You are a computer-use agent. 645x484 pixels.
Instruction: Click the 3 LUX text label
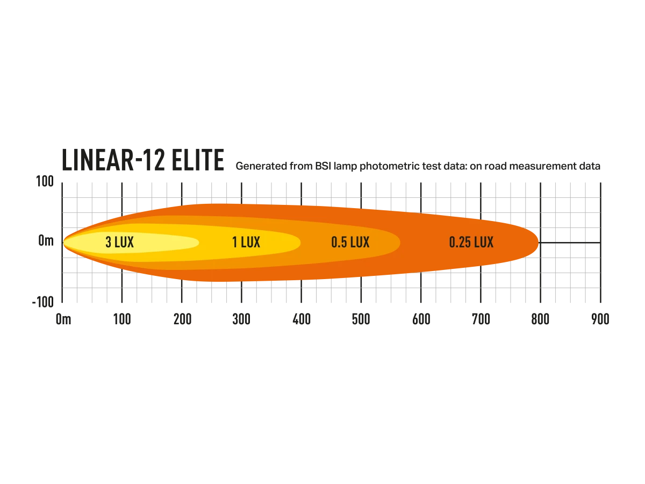[x=119, y=243]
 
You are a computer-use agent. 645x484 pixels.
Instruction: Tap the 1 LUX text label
[x=246, y=243]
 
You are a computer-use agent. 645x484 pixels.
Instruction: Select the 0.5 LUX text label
[x=350, y=243]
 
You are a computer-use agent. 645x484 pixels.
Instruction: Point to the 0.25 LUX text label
[x=471, y=243]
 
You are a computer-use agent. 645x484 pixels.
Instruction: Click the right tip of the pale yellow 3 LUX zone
[x=198, y=243]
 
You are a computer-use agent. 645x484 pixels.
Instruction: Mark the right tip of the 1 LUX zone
[x=299, y=243]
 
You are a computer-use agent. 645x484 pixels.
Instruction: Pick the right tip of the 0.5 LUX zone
[x=399, y=243]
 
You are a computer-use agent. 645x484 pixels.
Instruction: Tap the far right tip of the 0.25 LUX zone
[x=538, y=243]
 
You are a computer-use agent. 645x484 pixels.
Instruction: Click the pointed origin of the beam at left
[x=63, y=243]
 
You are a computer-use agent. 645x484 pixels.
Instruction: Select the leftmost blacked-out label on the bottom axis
[x=64, y=318]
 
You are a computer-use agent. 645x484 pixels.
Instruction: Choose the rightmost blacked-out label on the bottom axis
[x=599, y=318]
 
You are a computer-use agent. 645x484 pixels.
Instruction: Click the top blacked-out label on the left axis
[x=45, y=181]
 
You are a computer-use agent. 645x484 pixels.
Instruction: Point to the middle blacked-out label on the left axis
[x=47, y=243]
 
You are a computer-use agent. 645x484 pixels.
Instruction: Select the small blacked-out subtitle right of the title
[x=417, y=166]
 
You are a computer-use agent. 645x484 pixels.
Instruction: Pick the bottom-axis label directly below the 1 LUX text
[x=243, y=318]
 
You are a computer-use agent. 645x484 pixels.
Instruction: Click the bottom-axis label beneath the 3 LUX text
[x=123, y=318]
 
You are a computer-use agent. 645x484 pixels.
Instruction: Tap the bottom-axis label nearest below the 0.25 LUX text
[x=479, y=318]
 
